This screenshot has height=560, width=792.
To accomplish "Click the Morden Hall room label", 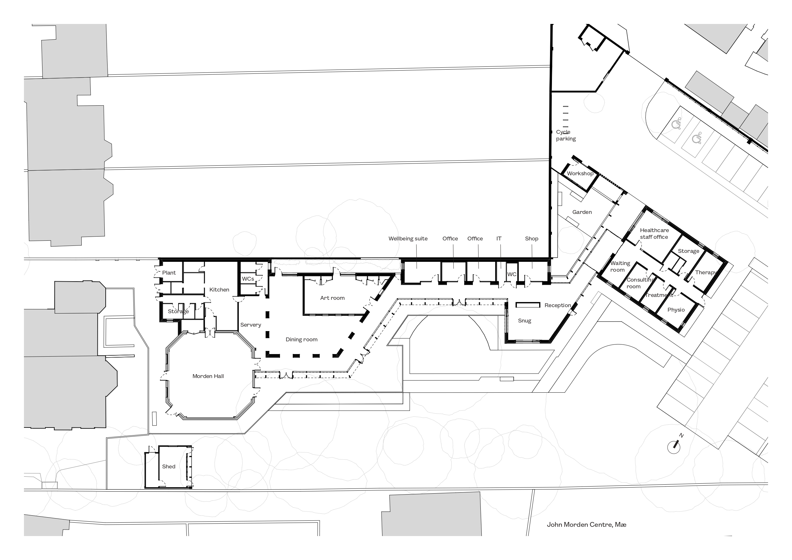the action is point(208,376).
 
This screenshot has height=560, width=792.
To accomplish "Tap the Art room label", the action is point(332,298).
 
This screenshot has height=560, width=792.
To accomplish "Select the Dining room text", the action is point(301,339).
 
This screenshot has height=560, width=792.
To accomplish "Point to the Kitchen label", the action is point(219,290).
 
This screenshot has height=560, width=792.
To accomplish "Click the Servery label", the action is point(250,325).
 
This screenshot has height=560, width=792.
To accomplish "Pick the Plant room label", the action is point(169,273).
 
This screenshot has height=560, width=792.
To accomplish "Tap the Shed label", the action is point(169,466).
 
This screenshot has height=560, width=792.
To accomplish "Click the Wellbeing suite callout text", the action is point(408,239).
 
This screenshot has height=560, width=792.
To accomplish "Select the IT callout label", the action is point(499,238).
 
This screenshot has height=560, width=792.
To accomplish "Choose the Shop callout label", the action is point(532,239).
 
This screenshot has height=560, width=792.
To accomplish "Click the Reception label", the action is point(558,305).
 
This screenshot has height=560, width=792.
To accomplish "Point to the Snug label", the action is point(524,321).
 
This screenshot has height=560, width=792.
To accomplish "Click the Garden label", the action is point(582,212).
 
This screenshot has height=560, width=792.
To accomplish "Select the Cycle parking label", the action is point(566,135).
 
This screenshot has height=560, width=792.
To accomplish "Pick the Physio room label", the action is point(676,310).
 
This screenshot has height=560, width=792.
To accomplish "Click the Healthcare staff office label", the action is point(654,234).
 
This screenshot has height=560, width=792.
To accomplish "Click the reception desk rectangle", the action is point(528,305).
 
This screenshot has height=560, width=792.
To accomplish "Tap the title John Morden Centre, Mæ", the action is point(586,525).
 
